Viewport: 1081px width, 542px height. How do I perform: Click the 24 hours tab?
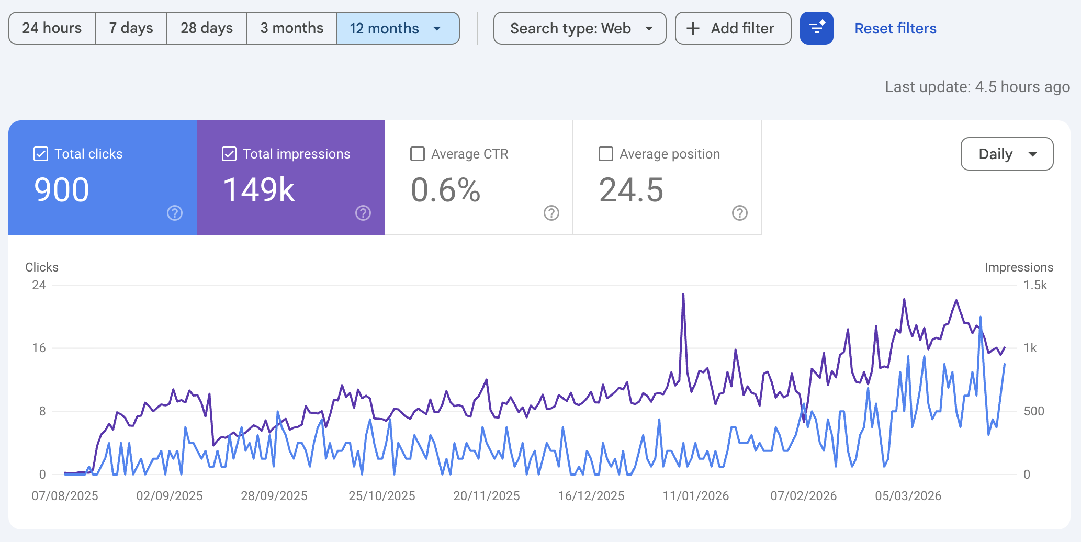click(52, 28)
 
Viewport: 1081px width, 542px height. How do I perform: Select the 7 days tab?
click(131, 28)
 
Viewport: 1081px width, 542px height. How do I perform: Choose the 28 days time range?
click(207, 28)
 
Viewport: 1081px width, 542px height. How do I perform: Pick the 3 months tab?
click(292, 28)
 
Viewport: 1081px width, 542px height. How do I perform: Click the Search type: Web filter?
click(580, 28)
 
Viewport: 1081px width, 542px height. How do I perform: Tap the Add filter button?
click(733, 28)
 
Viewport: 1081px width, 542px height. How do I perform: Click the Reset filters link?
click(895, 28)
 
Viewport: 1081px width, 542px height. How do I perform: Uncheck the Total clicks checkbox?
click(41, 154)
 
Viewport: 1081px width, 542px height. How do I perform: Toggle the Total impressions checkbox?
click(229, 154)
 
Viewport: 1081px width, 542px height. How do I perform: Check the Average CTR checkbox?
click(418, 154)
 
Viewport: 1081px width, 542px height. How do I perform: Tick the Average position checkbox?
click(606, 154)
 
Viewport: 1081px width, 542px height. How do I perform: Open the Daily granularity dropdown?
click(1007, 154)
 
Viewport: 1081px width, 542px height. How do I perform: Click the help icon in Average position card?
click(739, 213)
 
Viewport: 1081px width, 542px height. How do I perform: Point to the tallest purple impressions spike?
click(683, 295)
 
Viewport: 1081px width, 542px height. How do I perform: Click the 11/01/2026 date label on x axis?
click(695, 496)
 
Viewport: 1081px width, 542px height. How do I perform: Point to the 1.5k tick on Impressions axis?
click(1035, 285)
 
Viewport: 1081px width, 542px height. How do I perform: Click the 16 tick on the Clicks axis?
click(39, 348)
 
